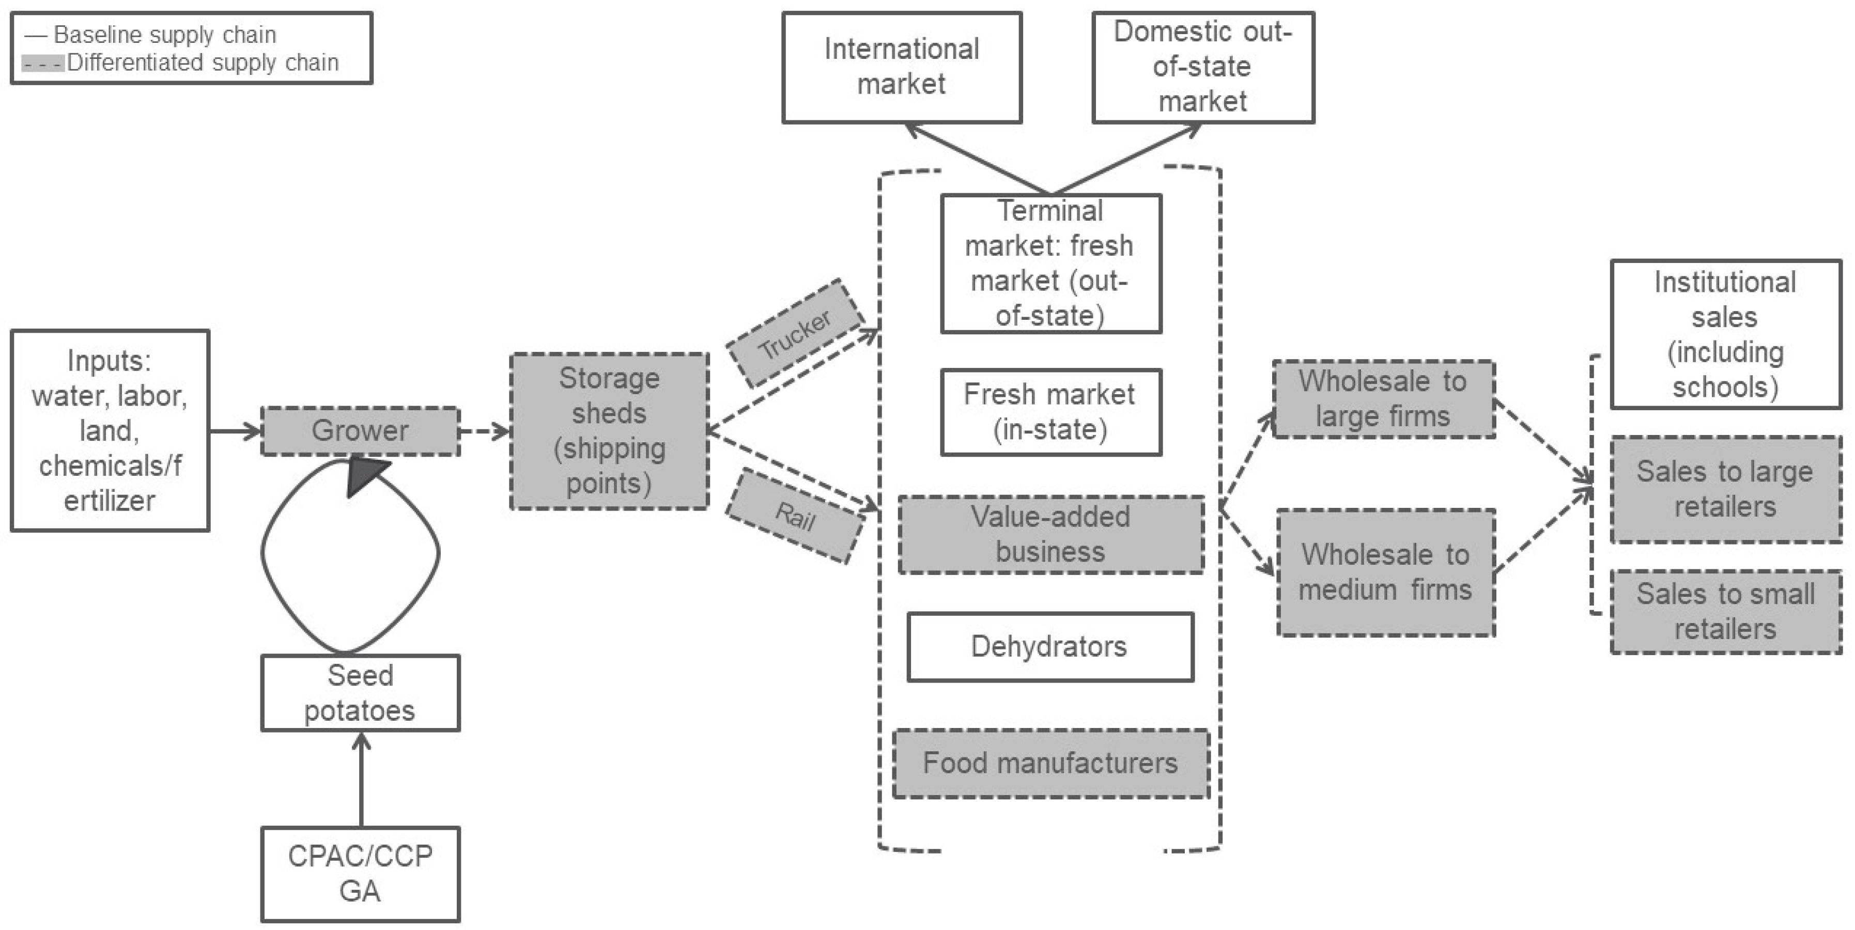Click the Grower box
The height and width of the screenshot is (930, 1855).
[360, 430]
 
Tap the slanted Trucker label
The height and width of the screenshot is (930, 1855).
[795, 333]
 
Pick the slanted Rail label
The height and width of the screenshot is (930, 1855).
[795, 516]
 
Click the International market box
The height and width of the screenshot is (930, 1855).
[902, 67]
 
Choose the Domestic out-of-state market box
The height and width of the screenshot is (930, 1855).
[1202, 67]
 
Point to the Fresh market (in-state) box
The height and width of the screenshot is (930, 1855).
[1050, 412]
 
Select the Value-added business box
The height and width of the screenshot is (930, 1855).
[1050, 534]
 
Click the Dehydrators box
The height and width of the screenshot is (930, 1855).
[1050, 646]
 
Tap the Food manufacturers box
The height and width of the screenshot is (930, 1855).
[1050, 763]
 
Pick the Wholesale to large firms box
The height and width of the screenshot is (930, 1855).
[1383, 399]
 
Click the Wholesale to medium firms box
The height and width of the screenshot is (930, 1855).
[1385, 572]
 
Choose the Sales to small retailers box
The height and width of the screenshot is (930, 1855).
[1725, 612]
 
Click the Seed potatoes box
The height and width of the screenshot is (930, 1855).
[360, 692]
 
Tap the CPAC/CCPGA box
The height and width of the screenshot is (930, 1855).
[360, 874]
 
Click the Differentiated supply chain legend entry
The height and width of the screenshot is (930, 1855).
[180, 63]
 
